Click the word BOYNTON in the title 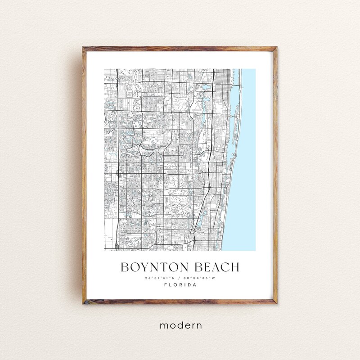click(x=152, y=267)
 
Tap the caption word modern click(x=180, y=324)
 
